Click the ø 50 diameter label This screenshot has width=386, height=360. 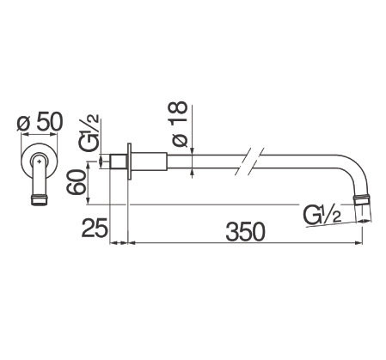pyautogui.click(x=40, y=122)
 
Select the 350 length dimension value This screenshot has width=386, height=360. pyautogui.click(x=246, y=231)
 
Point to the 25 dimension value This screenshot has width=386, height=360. pyautogui.click(x=94, y=228)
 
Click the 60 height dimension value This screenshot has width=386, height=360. pyautogui.click(x=76, y=182)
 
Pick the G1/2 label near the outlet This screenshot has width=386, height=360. pyautogui.click(x=322, y=216)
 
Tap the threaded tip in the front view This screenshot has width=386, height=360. pyautogui.click(x=39, y=200)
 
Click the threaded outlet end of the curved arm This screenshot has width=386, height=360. pyautogui.click(x=363, y=198)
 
